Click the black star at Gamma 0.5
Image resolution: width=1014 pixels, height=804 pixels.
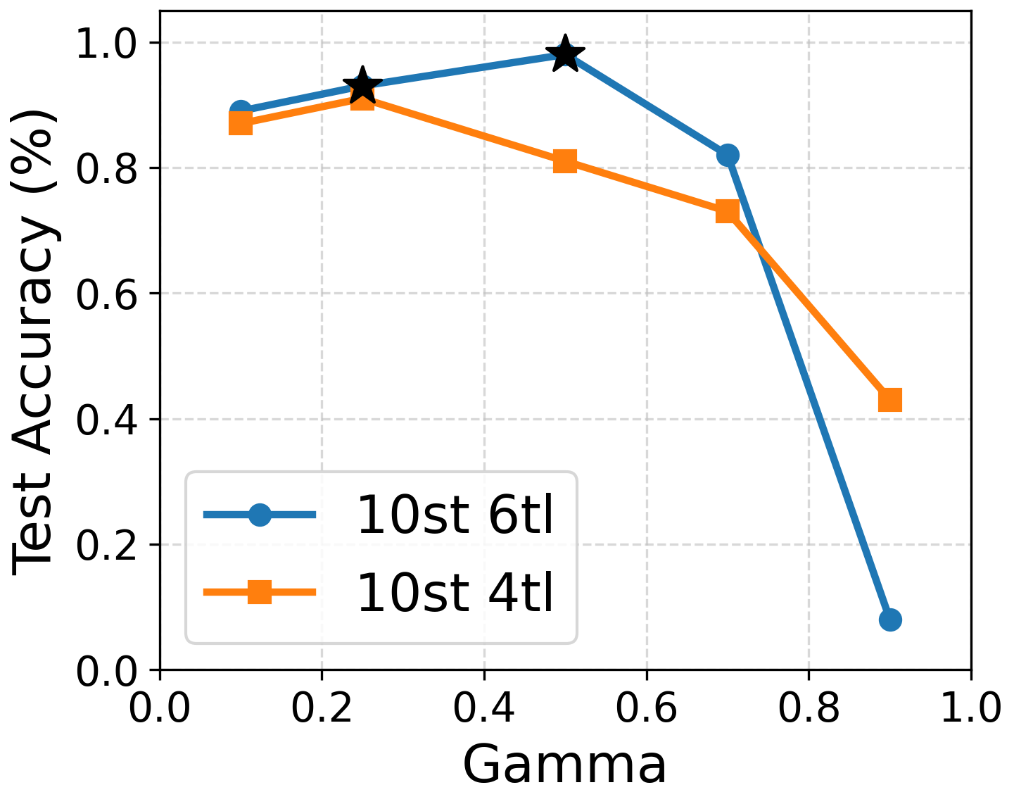pyautogui.click(x=565, y=54)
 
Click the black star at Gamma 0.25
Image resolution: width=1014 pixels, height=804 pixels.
pyautogui.click(x=362, y=86)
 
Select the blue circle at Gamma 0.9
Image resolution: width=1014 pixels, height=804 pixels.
pyautogui.click(x=890, y=620)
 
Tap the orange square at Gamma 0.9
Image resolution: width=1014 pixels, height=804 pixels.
pyautogui.click(x=890, y=400)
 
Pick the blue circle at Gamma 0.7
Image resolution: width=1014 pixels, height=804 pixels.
pyautogui.click(x=728, y=155)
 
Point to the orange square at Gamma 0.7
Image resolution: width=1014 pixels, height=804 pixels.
pyautogui.click(x=728, y=211)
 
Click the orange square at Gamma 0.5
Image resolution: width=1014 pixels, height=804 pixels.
pyautogui.click(x=565, y=161)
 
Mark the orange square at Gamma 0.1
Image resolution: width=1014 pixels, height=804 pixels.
pyautogui.click(x=241, y=124)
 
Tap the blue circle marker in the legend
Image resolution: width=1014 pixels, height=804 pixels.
pyautogui.click(x=260, y=515)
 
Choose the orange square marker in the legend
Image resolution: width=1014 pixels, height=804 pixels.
pyautogui.click(x=260, y=593)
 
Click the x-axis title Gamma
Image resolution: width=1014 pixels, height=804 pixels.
pyautogui.click(x=565, y=766)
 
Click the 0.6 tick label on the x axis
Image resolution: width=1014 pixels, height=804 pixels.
pyautogui.click(x=646, y=709)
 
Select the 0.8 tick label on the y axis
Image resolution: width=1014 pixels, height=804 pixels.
pyautogui.click(x=105, y=168)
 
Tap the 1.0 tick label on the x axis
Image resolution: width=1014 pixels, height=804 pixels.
pyautogui.click(x=970, y=709)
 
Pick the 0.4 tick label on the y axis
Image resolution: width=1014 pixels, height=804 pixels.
pyautogui.click(x=105, y=420)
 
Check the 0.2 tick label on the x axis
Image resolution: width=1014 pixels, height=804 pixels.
pyautogui.click(x=322, y=709)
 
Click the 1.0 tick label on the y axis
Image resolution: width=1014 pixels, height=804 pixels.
pyautogui.click(x=105, y=43)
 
